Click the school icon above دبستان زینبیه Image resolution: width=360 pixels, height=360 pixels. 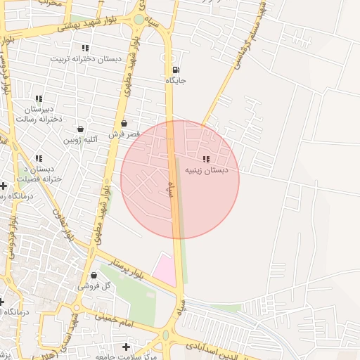coord(206,160)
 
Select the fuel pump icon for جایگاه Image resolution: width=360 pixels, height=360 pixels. coord(175,70)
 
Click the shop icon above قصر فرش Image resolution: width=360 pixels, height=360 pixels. coord(124,123)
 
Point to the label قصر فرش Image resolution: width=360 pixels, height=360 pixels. coord(124,133)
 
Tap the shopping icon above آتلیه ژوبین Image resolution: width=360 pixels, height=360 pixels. coord(80,129)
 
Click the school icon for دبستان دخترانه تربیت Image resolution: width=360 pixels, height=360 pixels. coord(85,48)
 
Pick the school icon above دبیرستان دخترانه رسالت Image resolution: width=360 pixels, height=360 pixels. coord(39,99)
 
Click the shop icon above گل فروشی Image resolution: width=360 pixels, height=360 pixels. coord(94,276)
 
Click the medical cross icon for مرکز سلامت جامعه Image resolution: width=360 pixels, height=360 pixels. coord(126,347)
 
